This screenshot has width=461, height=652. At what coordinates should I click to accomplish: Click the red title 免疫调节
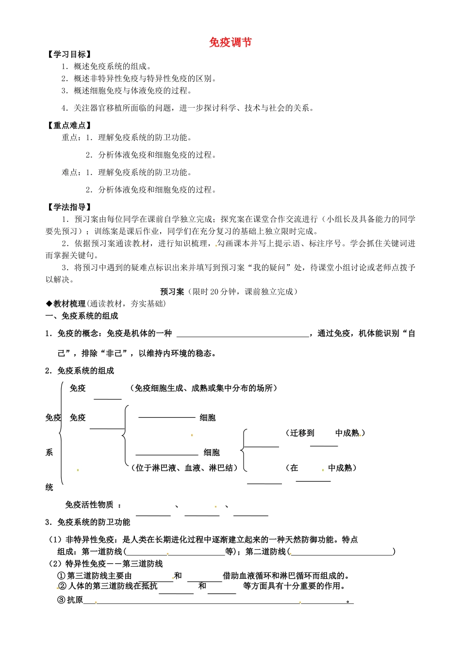pos(230,42)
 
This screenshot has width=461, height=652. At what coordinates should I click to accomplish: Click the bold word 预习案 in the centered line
pos(172,292)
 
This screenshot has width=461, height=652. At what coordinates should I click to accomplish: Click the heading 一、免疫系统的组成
pos(82,316)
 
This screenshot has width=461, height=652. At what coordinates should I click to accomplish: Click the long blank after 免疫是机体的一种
pos(243,333)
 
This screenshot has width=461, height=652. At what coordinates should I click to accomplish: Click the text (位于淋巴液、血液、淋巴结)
pos(184,468)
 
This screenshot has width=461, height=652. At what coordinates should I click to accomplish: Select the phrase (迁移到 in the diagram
pos(300,433)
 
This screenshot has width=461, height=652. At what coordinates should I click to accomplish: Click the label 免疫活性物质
pos(89,505)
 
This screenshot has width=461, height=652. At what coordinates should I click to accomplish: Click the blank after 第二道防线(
pos(342,552)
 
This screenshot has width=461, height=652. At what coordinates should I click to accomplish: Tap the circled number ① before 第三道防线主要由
pos(62,576)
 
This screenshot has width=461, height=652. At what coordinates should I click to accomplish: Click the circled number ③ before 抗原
pos(62,600)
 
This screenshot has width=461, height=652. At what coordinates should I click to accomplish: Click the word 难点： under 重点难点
pos(72,172)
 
